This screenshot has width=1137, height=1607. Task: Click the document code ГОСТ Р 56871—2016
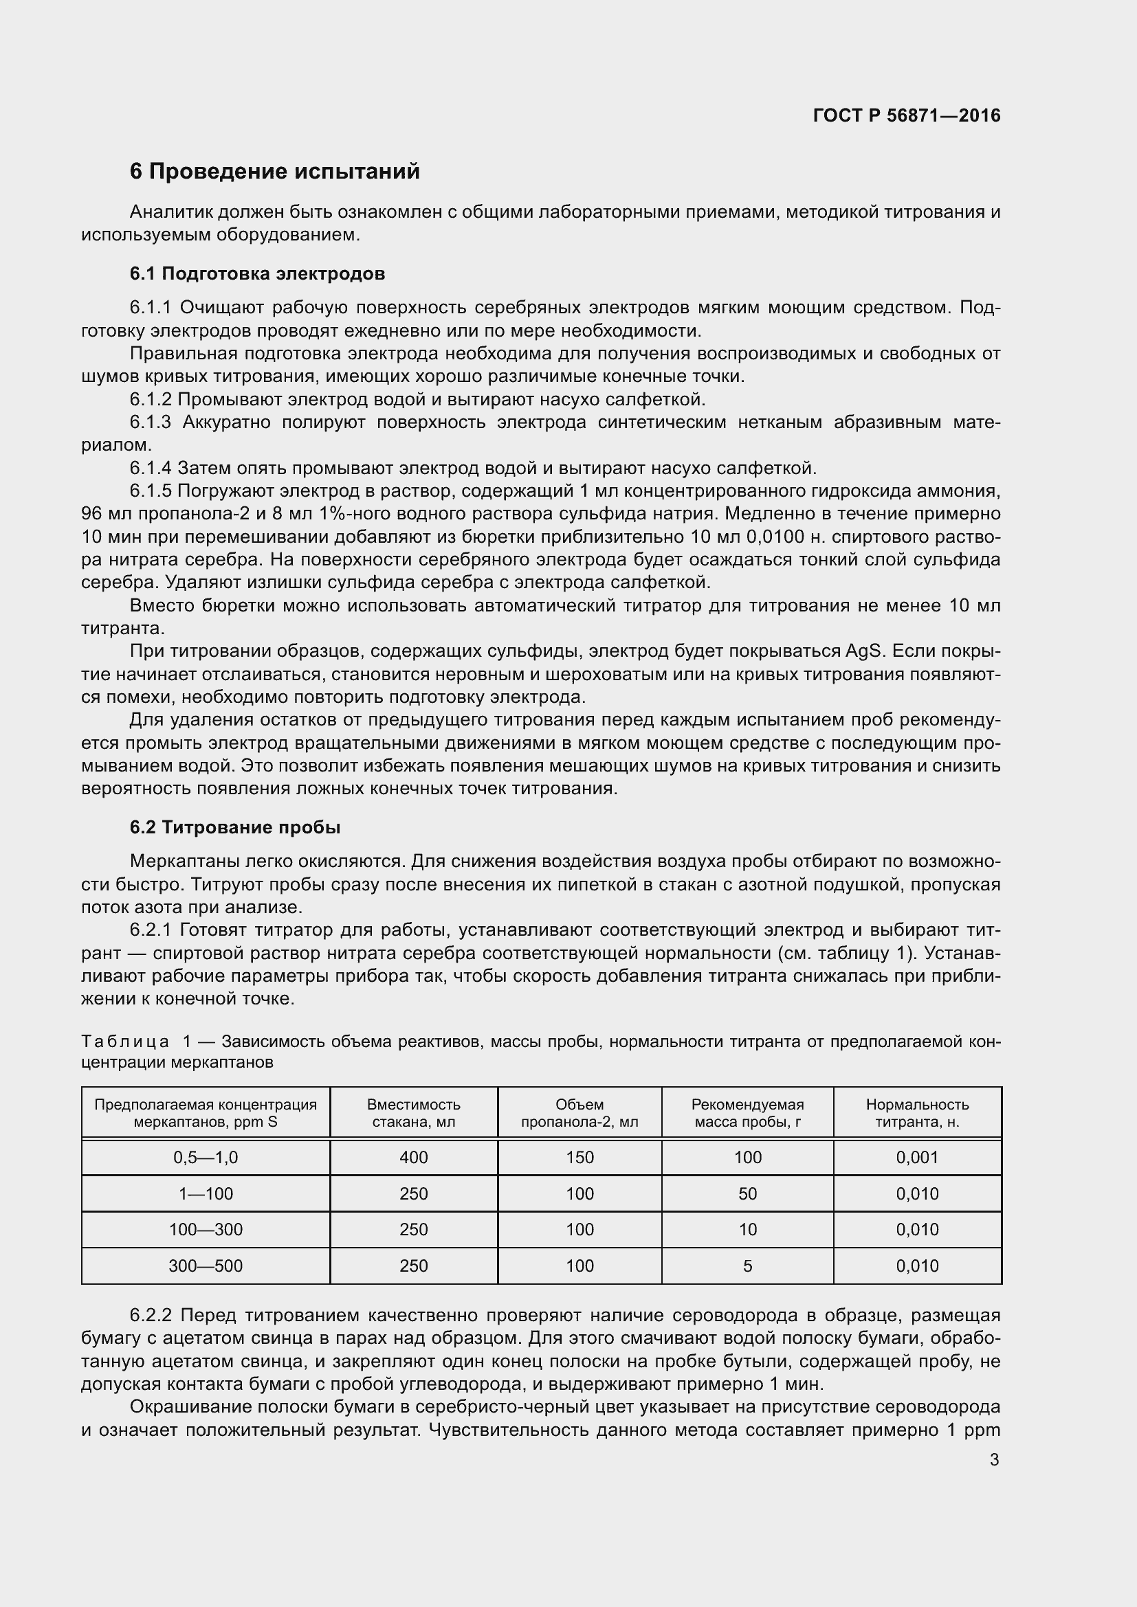907,115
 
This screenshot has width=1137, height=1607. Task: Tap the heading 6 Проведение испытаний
274,172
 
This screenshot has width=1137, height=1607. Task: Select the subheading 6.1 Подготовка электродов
257,273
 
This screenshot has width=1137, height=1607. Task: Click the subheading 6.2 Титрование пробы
234,827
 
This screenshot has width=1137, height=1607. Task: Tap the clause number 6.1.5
150,491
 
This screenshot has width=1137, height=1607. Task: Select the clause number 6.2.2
150,1315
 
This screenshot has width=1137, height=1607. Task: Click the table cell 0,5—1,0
205,1158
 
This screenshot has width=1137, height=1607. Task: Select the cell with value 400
413,1158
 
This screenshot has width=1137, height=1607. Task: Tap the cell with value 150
579,1158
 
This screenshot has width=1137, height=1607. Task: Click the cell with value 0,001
917,1158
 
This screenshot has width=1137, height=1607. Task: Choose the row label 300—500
205,1266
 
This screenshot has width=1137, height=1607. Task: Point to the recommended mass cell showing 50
748,1194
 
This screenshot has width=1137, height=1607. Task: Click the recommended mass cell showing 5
748,1266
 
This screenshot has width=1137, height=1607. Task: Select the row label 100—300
205,1230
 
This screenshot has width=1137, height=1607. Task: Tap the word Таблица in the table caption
124,1042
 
